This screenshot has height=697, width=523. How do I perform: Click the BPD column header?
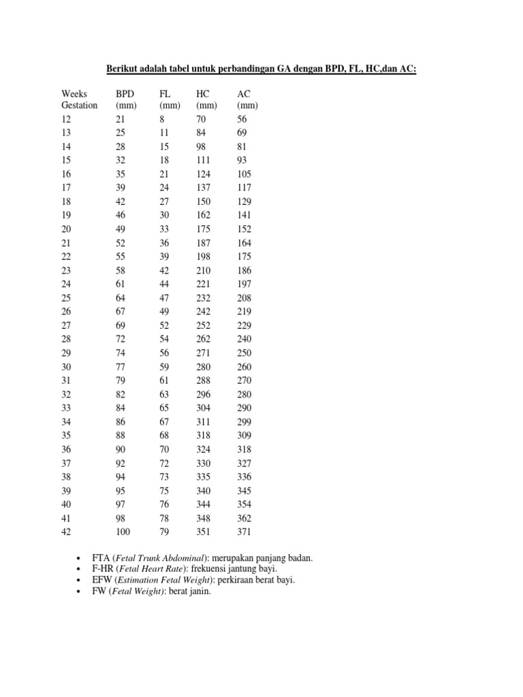[125, 93]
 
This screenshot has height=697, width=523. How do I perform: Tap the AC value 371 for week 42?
[244, 532]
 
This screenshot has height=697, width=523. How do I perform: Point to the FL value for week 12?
[162, 119]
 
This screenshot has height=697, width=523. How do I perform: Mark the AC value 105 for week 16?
[244, 174]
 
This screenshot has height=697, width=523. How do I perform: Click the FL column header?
[165, 93]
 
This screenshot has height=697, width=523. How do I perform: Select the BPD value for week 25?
[123, 298]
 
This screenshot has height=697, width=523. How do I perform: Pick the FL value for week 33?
[165, 408]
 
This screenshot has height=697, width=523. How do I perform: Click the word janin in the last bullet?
[201, 591]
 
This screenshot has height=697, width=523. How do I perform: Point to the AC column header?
[243, 93]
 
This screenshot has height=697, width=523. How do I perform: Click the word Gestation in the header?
[80, 106]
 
